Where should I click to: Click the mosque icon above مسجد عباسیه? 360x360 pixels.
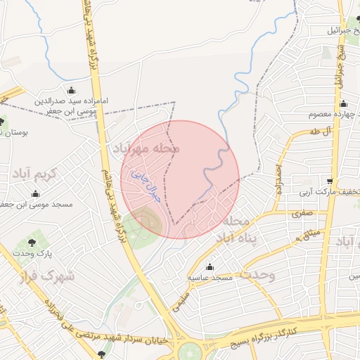coord(210,266)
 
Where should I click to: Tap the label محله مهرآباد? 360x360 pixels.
coord(146,149)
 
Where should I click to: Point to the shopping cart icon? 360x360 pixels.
coord(330,181)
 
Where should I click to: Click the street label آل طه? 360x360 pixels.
coord(319,131)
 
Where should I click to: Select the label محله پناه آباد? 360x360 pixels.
coord(232,230)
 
